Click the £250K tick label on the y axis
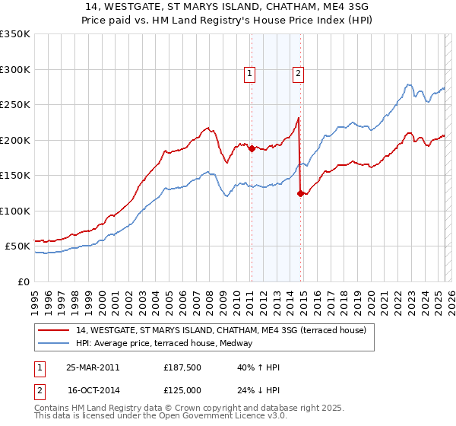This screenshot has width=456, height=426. point(15,105)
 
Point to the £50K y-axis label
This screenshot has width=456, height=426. point(17,246)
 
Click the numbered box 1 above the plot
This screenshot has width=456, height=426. point(250,74)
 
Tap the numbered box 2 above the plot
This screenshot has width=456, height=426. point(297,74)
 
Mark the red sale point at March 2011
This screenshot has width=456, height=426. point(252,149)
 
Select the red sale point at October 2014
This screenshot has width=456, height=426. point(300,193)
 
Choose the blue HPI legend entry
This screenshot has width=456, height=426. point(168,344)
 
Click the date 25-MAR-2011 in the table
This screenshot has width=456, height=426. point(92,367)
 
